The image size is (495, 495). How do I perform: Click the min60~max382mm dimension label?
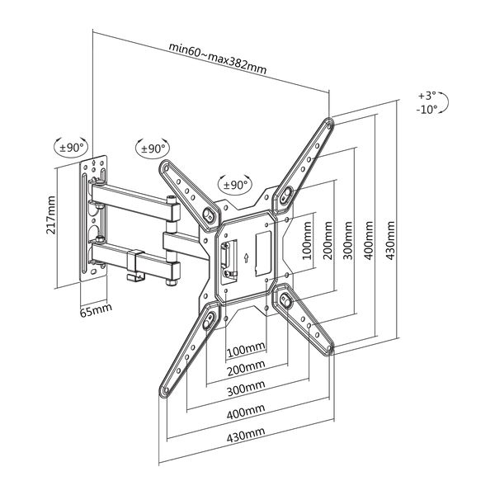(x=218, y=59)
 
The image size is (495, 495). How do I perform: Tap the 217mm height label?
(x=51, y=215)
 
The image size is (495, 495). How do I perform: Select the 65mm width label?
(x=96, y=310)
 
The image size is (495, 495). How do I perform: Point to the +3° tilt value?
(x=427, y=96)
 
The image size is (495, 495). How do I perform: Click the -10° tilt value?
(x=427, y=110)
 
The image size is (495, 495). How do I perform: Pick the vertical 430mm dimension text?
(x=390, y=241)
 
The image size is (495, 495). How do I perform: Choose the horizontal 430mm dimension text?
(x=246, y=435)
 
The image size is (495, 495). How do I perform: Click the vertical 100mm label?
(x=307, y=241)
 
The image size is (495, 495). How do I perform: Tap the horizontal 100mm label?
(x=246, y=349)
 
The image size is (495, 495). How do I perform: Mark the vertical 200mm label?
(x=328, y=241)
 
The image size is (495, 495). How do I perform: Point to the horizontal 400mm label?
(x=246, y=412)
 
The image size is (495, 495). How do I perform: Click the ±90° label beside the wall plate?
(x=72, y=148)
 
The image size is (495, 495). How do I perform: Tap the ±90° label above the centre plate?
(x=235, y=185)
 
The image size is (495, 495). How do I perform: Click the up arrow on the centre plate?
(x=246, y=258)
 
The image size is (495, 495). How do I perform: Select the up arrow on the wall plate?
(x=94, y=163)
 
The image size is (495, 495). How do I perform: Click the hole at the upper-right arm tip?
(x=329, y=125)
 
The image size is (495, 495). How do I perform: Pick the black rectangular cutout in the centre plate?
(x=263, y=253)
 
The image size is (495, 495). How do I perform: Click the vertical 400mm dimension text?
(x=370, y=241)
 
